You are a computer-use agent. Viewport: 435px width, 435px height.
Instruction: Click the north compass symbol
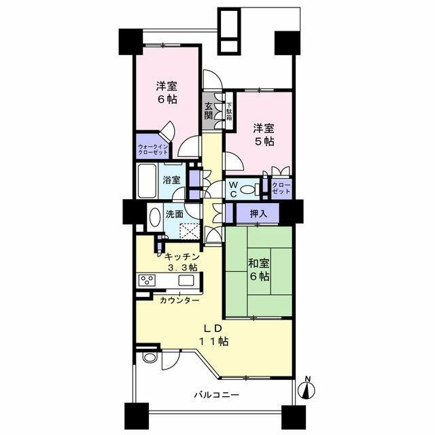click(307, 389)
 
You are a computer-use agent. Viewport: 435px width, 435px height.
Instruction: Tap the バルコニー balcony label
click(215, 394)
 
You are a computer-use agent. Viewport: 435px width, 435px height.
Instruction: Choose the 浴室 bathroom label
click(172, 180)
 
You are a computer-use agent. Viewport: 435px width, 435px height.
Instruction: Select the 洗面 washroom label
click(175, 214)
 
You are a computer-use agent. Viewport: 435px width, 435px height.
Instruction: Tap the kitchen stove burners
click(148, 280)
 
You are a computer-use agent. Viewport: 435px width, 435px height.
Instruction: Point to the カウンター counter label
click(179, 300)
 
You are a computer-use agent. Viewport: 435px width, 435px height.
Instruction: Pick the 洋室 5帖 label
click(264, 135)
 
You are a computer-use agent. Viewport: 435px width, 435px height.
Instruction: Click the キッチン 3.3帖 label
click(180, 262)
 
